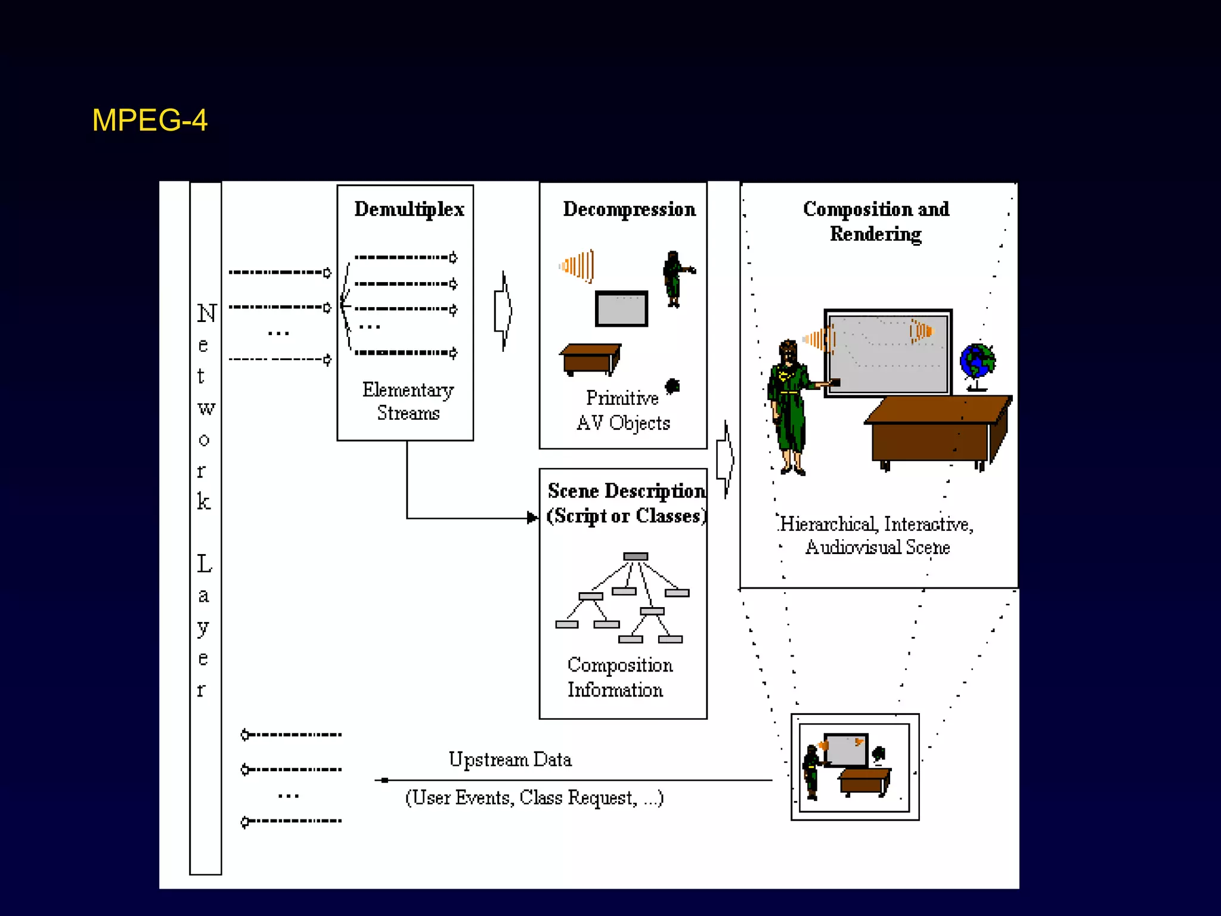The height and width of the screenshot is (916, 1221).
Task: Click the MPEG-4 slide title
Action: pos(150,120)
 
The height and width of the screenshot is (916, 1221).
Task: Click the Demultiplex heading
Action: pos(409,209)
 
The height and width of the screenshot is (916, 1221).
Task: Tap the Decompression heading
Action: pos(629,209)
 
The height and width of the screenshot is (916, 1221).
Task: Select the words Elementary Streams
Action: pos(408,401)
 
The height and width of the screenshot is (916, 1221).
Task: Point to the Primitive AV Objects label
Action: pos(623,410)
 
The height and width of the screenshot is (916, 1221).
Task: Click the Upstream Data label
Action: pos(510,759)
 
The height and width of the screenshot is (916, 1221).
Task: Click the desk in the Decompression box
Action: pos(590,359)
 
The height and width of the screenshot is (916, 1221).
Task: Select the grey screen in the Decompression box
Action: pos(621,309)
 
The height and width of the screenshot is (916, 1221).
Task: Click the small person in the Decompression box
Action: pos(674,278)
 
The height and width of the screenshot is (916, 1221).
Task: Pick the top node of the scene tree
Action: pos(636,556)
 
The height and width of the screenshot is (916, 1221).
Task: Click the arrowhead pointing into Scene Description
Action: pos(532,518)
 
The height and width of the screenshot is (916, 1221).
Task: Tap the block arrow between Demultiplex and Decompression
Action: pos(503,311)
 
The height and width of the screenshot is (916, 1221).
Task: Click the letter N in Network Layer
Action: pos(206,314)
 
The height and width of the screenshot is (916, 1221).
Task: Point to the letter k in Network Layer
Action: pos(204,502)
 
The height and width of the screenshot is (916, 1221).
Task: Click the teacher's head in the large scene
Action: pos(788,352)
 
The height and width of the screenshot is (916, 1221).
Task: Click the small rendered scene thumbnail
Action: pos(854,767)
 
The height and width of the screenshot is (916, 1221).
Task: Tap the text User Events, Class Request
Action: pos(534,797)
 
